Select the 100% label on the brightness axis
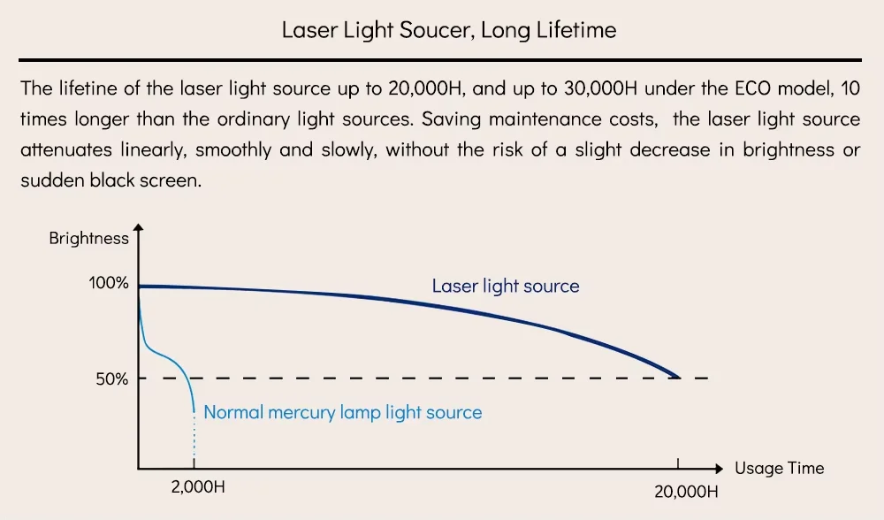pyautogui.click(x=109, y=284)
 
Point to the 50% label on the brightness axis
pyautogui.click(x=112, y=379)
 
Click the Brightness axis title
pyautogui.click(x=88, y=238)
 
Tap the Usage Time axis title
pyautogui.click(x=779, y=468)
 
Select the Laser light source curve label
pyautogui.click(x=506, y=286)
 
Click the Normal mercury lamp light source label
pyautogui.click(x=343, y=412)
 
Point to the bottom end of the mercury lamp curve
pyautogui.click(x=194, y=410)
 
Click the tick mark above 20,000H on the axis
pyautogui.click(x=678, y=463)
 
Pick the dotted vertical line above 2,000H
pyautogui.click(x=194, y=440)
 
